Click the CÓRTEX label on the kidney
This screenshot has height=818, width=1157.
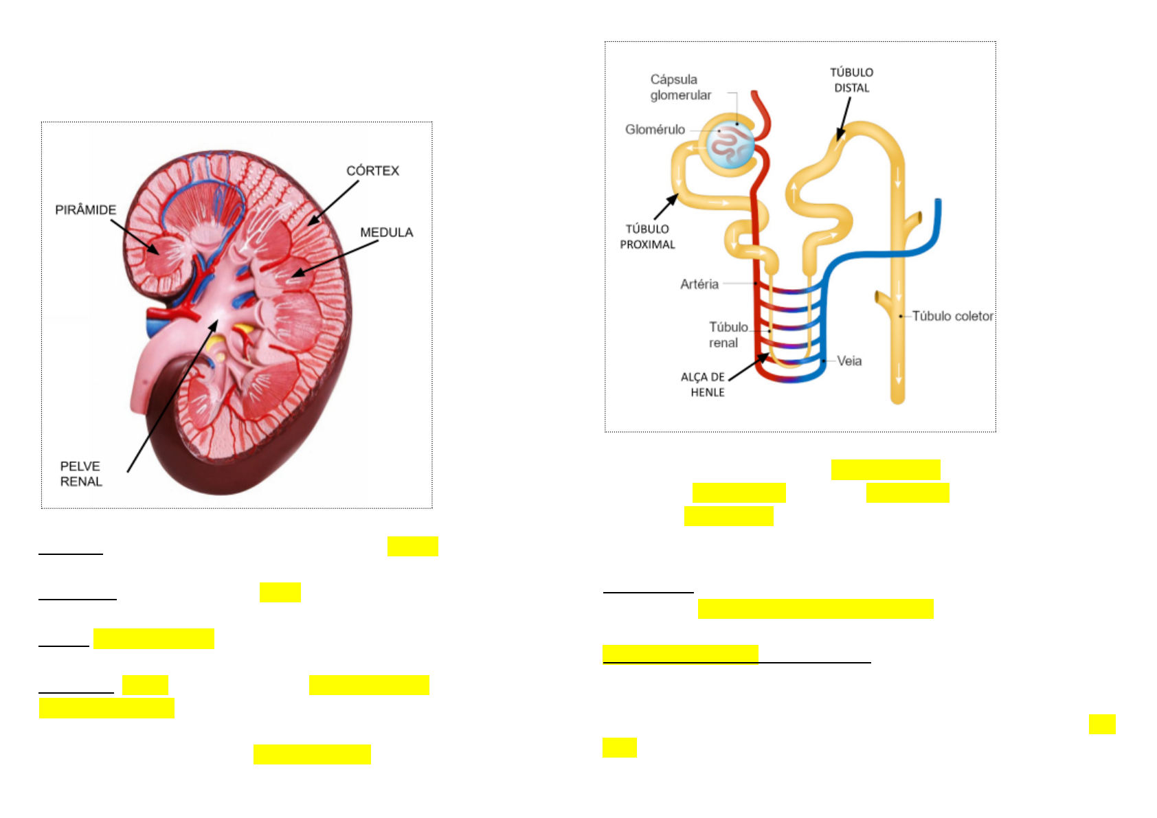tap(372, 170)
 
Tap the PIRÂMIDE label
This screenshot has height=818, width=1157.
tap(86, 209)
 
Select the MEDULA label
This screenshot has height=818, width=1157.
tap(387, 232)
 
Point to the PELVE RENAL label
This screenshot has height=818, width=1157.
tap(80, 474)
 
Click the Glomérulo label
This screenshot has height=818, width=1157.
tap(655, 129)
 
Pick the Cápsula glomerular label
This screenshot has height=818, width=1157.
tap(680, 87)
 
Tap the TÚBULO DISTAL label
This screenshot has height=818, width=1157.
tap(851, 80)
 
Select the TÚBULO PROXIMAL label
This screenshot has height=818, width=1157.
tap(647, 236)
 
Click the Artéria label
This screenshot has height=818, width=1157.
tap(699, 284)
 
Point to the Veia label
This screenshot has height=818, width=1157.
tap(849, 361)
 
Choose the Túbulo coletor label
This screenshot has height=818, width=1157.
tap(952, 316)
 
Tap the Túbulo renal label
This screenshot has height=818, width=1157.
tap(728, 334)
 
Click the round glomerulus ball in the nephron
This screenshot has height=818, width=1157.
tap(731, 145)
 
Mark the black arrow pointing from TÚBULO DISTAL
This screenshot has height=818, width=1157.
tap(844, 118)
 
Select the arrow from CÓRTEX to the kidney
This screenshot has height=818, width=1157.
tap(333, 203)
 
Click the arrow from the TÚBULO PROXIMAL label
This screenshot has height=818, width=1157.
tap(666, 207)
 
